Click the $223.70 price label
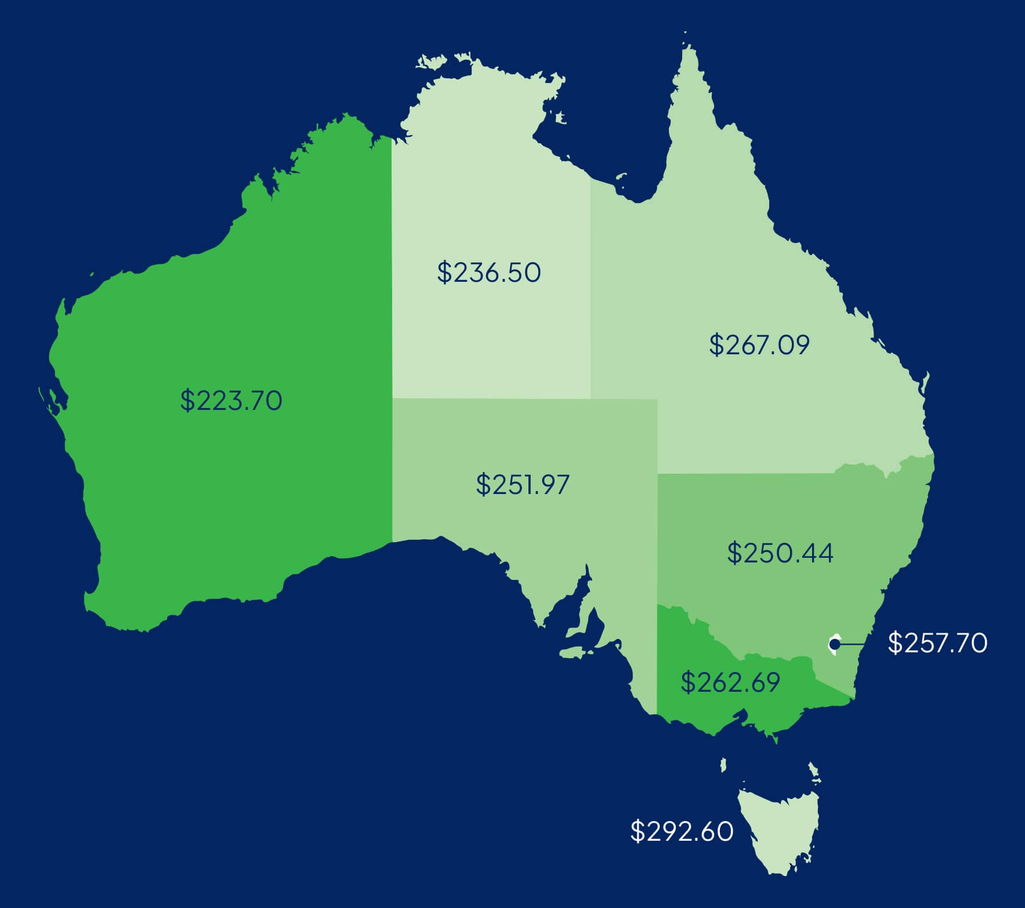click(231, 401)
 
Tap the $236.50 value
click(489, 273)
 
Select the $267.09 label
click(759, 344)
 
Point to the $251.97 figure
click(523, 484)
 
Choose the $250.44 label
click(780, 553)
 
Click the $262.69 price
click(730, 682)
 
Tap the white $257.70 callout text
click(937, 644)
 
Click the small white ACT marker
click(834, 644)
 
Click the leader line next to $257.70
click(852, 644)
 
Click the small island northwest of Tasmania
click(723, 765)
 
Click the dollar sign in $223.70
click(187, 401)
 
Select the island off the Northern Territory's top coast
click(432, 61)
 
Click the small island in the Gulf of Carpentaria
click(560, 118)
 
